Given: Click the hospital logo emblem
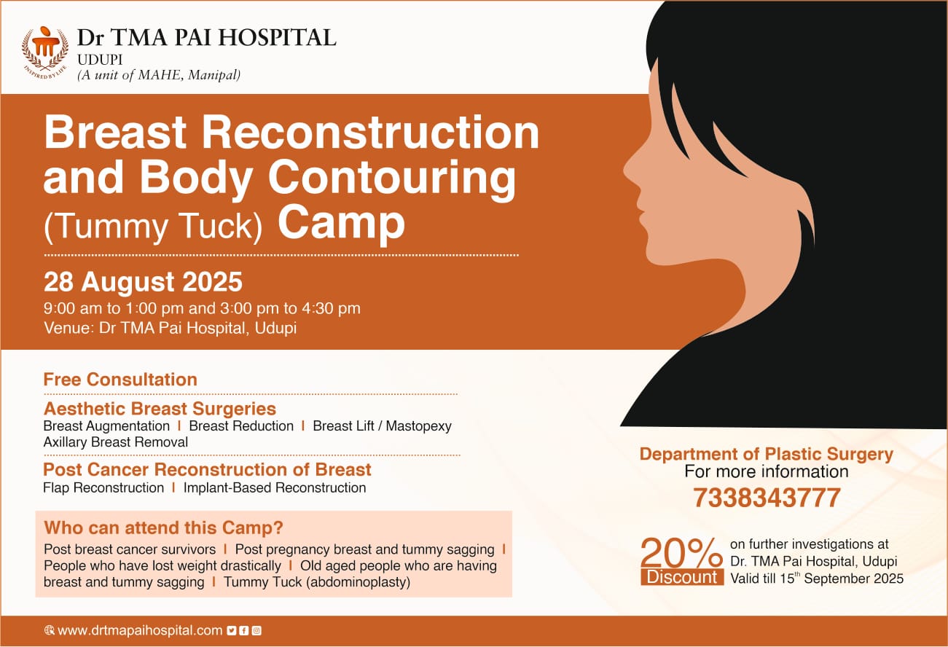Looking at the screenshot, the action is [x=45, y=53].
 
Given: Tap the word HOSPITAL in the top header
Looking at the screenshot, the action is [x=277, y=37].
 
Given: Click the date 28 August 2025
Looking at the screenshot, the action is [x=143, y=282].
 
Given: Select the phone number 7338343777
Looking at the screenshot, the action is [x=767, y=498].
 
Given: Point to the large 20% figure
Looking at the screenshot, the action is [x=682, y=552].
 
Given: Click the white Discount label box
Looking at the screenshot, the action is [x=682, y=577].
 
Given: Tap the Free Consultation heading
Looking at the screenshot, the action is [x=121, y=380].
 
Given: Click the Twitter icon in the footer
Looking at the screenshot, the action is [x=231, y=630].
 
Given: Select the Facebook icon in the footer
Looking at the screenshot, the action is [x=244, y=630].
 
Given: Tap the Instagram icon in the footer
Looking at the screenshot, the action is [x=256, y=630].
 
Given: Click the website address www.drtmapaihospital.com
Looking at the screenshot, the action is [x=140, y=630].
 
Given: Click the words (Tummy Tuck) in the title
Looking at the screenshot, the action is [x=153, y=227].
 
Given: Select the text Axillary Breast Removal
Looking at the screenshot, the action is [x=116, y=442].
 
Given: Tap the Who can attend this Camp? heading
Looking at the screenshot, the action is [x=163, y=528].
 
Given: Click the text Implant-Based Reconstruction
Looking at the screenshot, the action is [x=275, y=488].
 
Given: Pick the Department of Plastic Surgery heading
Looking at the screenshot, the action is [x=767, y=454].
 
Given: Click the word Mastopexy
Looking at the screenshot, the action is [x=418, y=426].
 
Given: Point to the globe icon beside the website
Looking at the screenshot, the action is [x=49, y=630].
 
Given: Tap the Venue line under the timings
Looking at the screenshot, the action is [x=170, y=329].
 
